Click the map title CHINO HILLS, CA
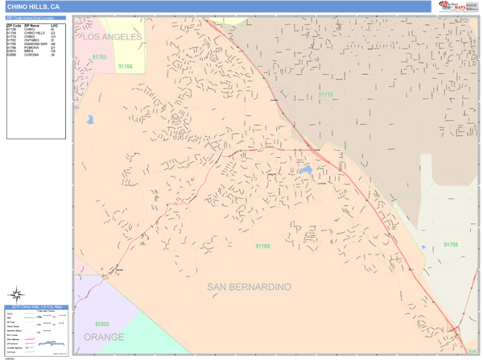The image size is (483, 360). click(x=33, y=6)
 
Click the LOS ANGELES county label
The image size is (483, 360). click(x=112, y=37)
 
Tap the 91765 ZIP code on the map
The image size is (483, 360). click(x=99, y=57)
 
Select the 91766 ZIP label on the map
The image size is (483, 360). click(x=125, y=67)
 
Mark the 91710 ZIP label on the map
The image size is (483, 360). click(x=324, y=95)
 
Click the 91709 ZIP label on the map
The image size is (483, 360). click(x=262, y=246)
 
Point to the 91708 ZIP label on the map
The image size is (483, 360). click(x=451, y=244)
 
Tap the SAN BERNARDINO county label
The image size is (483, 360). click(x=249, y=287)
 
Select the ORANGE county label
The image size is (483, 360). click(x=104, y=337)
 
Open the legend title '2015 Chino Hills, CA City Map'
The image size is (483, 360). click(x=35, y=308)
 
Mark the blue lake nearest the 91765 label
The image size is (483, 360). click(x=90, y=120)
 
